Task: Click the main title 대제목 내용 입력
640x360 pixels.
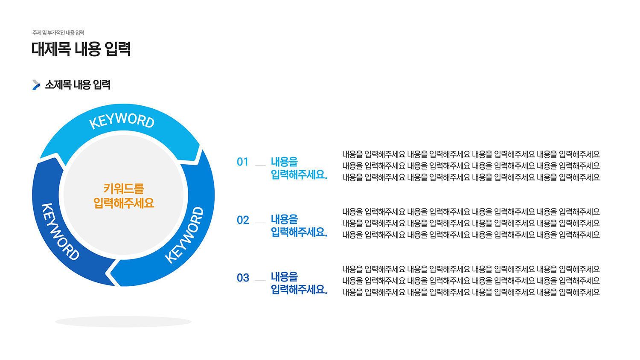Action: pos(81,49)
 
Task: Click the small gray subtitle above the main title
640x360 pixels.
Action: pos(58,33)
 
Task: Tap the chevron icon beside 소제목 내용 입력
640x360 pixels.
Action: pos(36,85)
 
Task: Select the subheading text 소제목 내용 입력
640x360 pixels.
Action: pos(78,85)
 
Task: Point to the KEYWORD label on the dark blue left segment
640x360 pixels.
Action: pos(60,232)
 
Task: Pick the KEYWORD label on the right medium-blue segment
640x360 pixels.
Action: pos(185,235)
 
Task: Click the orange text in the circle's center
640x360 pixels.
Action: pos(124,196)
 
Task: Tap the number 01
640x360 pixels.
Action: pos(243,162)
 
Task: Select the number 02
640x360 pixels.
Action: pos(243,220)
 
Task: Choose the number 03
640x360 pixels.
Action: pos(243,278)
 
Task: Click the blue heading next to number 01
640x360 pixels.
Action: pos(299,168)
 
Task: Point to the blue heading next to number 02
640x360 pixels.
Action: pos(299,226)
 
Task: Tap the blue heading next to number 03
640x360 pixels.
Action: pos(299,283)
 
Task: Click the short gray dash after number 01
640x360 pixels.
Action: pos(260,165)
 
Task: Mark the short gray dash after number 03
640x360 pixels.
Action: pos(260,280)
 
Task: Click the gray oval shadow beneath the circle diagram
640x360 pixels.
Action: pos(123,322)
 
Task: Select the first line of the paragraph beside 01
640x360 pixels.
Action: pos(471,154)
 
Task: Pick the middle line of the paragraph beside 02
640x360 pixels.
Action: pos(471,224)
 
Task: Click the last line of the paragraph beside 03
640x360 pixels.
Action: pos(471,292)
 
